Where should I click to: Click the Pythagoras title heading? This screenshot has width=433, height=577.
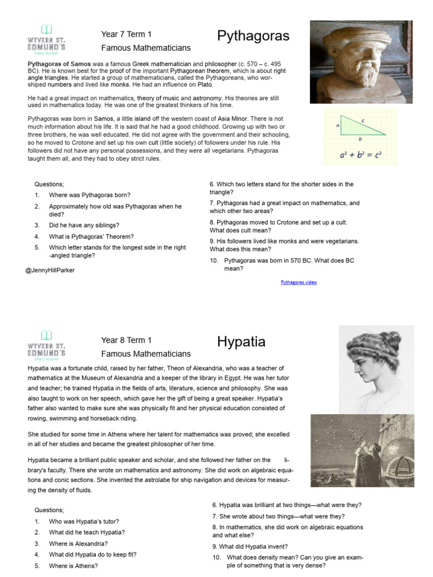(253, 37)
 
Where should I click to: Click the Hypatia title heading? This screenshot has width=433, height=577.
(241, 342)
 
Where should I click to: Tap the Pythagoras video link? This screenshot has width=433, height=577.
(298, 282)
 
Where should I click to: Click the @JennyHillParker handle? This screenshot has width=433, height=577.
(50, 270)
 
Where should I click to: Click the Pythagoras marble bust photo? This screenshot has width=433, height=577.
(361, 62)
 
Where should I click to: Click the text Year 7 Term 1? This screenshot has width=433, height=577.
(126, 35)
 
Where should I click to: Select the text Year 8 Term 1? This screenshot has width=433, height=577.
(126, 340)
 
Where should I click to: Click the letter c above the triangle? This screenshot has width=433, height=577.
(364, 119)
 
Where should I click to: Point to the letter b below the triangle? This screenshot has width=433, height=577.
(360, 139)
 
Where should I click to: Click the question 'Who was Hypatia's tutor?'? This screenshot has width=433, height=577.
(84, 521)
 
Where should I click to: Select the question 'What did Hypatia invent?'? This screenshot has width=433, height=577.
(250, 546)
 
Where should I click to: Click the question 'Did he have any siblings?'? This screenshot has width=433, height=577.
(82, 225)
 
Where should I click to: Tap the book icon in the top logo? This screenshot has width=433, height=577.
(46, 29)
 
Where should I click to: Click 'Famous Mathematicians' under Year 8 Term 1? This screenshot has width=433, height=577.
(145, 354)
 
